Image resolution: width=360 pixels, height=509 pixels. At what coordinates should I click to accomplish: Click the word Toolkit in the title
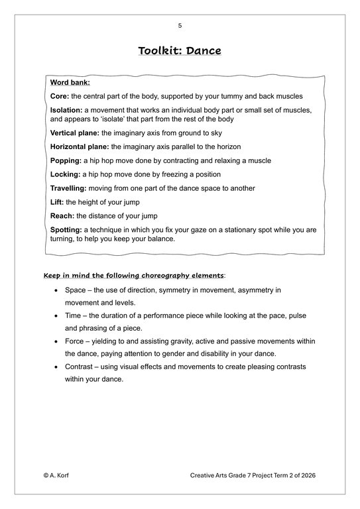[x=159, y=51]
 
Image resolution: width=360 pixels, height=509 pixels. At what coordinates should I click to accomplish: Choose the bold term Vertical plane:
[x=75, y=133]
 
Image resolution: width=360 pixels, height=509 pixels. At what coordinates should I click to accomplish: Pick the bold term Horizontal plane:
[x=80, y=146]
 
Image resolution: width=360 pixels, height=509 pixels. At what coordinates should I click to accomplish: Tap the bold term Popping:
[x=66, y=160]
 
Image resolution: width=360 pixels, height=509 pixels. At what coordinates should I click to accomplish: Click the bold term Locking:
[x=65, y=174]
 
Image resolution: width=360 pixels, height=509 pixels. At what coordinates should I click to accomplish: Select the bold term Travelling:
[x=69, y=188]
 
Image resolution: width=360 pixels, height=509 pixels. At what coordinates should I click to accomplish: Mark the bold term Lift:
[x=57, y=202]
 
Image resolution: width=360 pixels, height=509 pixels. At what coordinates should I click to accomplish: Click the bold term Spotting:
[x=66, y=230]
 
